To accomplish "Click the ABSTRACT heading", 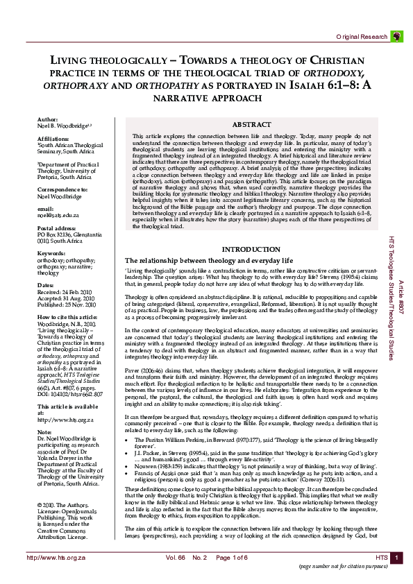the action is [251, 124].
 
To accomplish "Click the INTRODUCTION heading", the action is [251, 249].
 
